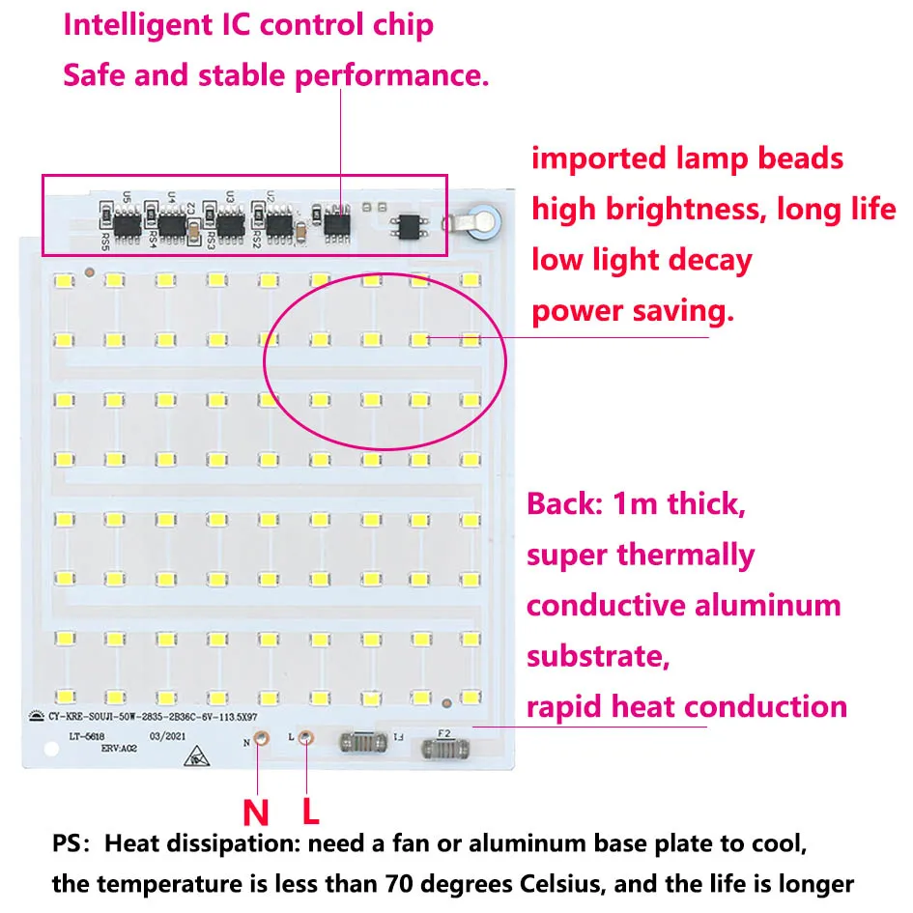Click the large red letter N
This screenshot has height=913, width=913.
click(256, 810)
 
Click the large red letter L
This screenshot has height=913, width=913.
click(311, 810)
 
